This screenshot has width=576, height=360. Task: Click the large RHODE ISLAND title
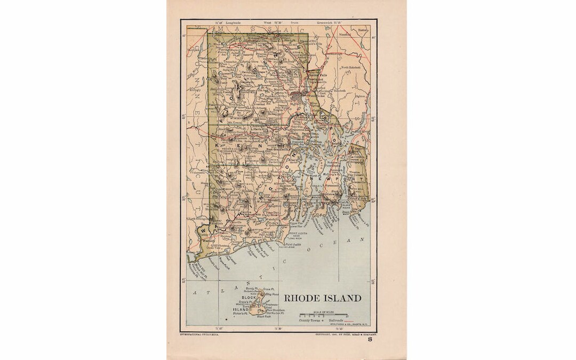[x=322, y=298]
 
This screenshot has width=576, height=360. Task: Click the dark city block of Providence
[x=298, y=97]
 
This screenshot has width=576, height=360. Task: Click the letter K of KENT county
[x=217, y=145]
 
